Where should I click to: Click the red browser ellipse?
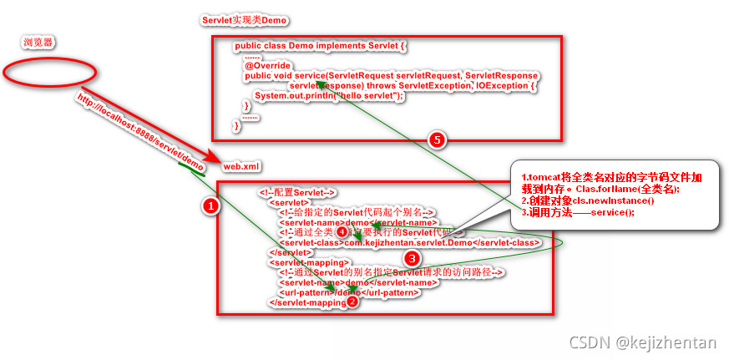42,71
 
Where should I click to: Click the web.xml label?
241,166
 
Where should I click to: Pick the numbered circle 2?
352,302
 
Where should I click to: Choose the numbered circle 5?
436,139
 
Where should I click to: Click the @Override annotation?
267,65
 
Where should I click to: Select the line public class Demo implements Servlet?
321,45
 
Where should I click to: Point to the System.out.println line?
329,96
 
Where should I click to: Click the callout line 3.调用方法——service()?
578,213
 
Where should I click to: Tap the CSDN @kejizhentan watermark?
642,343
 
